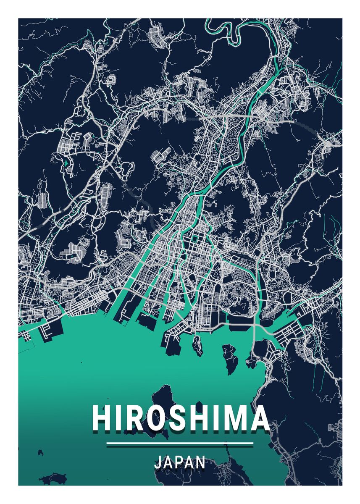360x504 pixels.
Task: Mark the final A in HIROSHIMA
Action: pos(258,418)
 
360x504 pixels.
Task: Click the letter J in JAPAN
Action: pos(158,462)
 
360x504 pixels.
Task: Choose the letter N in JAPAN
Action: pos(201,462)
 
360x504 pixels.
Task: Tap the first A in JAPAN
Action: pos(168,462)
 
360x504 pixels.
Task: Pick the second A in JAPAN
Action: pos(190,462)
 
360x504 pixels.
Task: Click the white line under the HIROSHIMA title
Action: pos(180,443)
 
